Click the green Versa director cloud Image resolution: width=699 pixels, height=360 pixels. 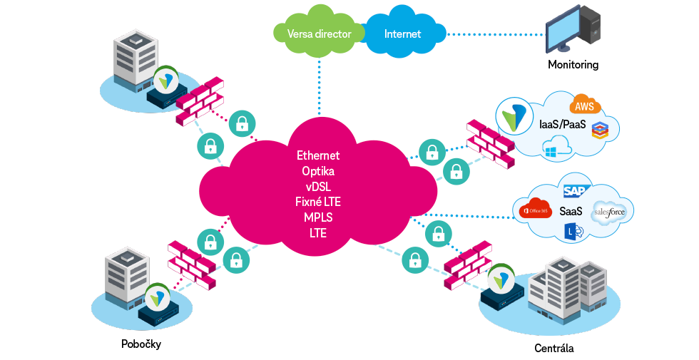point(316,34)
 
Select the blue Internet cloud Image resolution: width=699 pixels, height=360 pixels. point(403,34)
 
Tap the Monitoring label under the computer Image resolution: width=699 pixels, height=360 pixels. point(573,65)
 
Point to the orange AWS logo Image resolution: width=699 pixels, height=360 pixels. point(585,106)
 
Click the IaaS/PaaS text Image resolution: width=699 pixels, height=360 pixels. point(563,125)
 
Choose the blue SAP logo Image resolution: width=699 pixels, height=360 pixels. point(574,191)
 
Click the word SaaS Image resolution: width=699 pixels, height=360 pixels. point(571,212)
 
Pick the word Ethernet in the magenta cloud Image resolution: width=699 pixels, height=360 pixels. point(318,155)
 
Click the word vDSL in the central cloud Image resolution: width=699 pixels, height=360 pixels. point(318,187)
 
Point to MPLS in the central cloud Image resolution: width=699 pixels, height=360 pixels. point(318,217)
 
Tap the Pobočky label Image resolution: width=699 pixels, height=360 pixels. point(141,344)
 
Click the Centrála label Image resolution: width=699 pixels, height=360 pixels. point(554,349)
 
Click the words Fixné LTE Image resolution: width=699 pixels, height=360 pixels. point(318,202)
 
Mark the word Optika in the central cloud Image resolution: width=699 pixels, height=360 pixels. point(318,171)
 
